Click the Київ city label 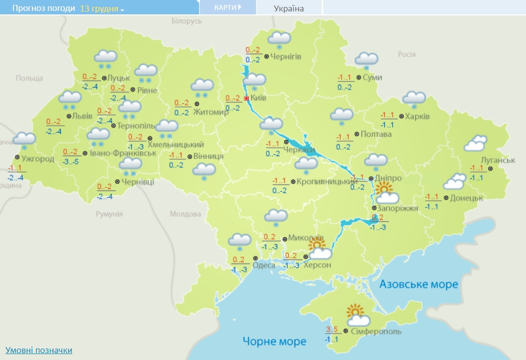[258, 98]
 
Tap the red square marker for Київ [246, 98]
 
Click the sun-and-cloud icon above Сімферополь [358, 316]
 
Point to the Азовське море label [419, 284]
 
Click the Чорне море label [274, 341]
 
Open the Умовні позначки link [39, 350]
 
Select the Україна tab [289, 8]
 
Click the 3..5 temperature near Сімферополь [331, 329]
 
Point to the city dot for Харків [401, 116]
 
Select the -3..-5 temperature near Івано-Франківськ [70, 162]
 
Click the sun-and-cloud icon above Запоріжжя [386, 193]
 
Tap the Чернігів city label [286, 57]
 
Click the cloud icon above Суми [366, 60]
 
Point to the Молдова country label [185, 214]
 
